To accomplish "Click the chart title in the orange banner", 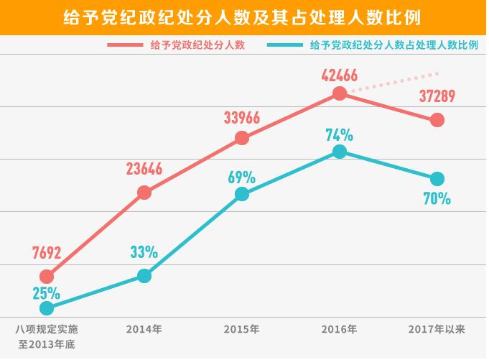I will pos(244,17).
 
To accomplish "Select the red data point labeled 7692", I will pos(47,276).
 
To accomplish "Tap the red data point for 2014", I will pos(144,192).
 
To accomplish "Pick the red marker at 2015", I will pos(242,138).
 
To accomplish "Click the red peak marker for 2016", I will pos(340,93).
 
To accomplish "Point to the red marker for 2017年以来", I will pos(437,120).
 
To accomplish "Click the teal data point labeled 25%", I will pos(47,308).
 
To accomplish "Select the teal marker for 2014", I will pos(144,276).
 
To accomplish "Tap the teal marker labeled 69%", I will pos(242,194).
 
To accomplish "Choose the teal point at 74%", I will pos(340,151).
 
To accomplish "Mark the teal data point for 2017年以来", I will pos(437,178).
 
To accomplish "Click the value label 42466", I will pos(340,73).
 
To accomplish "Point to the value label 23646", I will pos(144,170).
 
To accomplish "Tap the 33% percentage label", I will pos(144,252).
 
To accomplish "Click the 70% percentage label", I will pos(437,199).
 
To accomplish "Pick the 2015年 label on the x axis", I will pos(242,329).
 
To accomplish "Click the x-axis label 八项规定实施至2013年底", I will pos(47,336).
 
